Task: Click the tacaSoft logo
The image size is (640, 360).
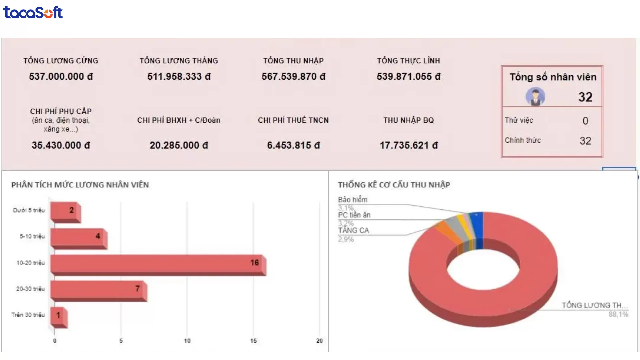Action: coord(33,12)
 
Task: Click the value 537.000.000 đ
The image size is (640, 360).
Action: coord(61,77)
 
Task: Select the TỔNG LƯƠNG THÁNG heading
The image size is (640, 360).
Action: coord(179,61)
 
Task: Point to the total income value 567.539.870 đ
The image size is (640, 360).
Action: coord(293,77)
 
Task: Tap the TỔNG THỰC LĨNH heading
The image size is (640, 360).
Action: coord(408,61)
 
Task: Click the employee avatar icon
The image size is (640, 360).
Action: coord(535,97)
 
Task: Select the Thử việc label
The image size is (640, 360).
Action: coord(519,120)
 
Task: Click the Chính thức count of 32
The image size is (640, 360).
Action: coord(585,141)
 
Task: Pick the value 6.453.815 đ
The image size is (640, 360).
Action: coord(293,145)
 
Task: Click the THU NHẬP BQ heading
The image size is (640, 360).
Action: coord(408,120)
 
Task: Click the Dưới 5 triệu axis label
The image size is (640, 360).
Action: coord(29,210)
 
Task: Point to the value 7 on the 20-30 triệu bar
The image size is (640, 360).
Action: coord(137,288)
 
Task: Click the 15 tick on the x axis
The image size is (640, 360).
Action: coord(253,341)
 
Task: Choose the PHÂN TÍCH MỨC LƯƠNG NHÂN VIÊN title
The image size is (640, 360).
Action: coord(80,185)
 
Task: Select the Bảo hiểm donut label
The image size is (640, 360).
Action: coord(353,200)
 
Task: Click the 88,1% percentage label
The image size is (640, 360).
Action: coord(618,314)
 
